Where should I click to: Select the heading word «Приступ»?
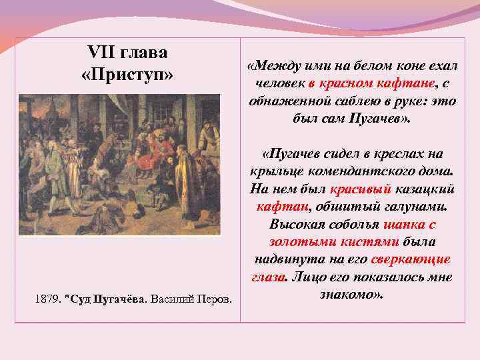[127, 75]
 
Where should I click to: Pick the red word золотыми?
[299, 241]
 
